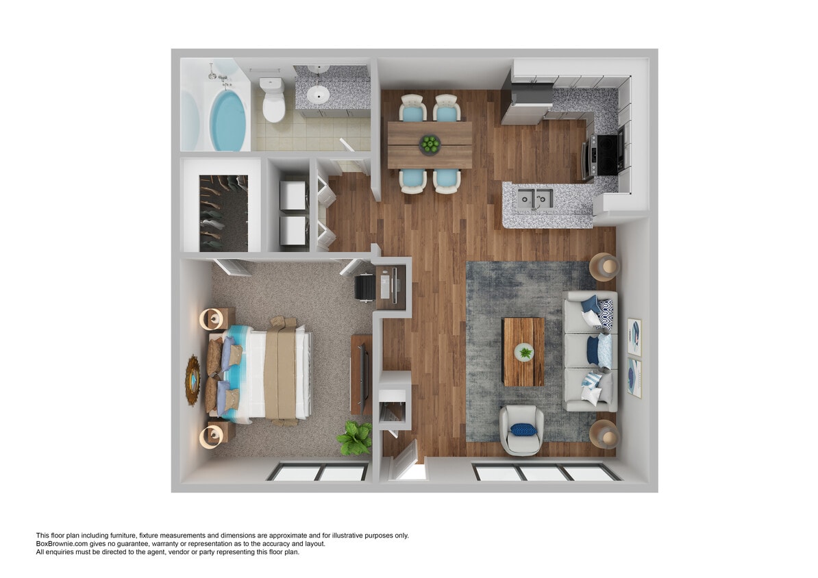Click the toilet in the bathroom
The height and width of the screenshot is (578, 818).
tap(273, 101)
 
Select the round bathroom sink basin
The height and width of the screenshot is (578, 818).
tap(319, 94)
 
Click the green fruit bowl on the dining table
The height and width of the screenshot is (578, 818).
tap(430, 144)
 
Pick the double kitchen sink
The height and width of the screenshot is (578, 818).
tap(534, 199)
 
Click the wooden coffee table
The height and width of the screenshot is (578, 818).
tap(523, 351)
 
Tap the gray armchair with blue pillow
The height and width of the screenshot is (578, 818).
tap(521, 430)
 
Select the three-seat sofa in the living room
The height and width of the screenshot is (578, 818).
tap(591, 351)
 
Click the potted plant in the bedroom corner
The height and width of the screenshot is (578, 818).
tap(355, 438)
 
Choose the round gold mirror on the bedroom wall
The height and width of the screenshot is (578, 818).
tap(193, 379)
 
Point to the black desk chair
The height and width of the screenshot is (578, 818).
tap(365, 287)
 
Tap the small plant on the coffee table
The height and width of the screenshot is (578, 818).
tap(524, 353)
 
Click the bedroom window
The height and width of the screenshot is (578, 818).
tap(317, 472)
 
